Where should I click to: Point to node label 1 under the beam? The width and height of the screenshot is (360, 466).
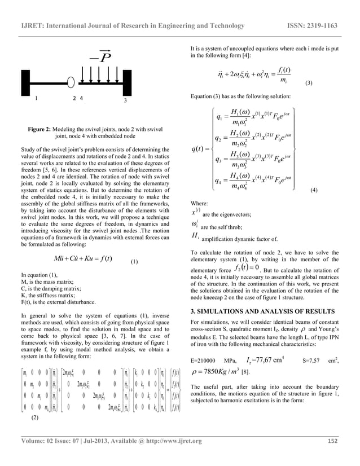(36, 98)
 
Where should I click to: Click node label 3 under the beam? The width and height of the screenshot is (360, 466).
(126, 100)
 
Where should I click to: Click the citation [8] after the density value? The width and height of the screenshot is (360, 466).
(244, 372)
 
